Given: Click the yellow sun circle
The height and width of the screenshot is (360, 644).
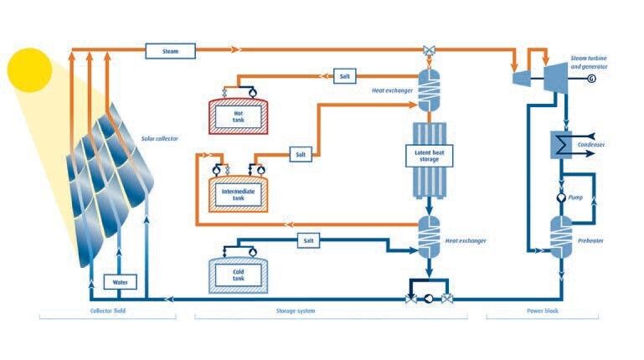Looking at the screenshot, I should (29, 70).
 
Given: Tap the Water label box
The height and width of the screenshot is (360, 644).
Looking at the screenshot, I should (119, 282).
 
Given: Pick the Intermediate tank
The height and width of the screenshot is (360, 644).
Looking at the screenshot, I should (238, 192).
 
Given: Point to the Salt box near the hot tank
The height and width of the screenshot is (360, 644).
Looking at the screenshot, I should (343, 76).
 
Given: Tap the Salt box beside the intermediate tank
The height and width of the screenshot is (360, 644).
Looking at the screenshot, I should (301, 155).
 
